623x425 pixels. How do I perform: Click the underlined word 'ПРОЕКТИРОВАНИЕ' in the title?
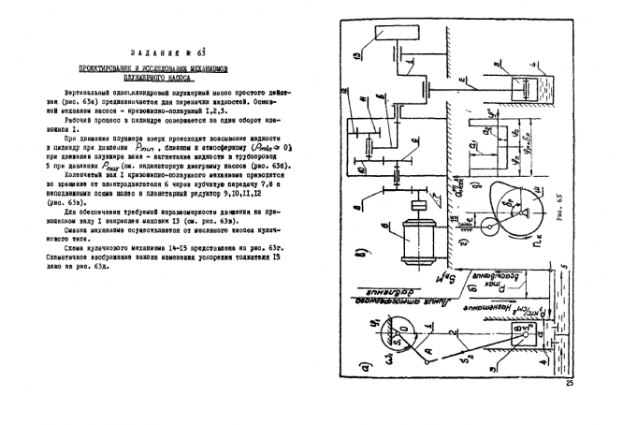point(111,69)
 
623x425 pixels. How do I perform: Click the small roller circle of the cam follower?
point(493,226)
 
